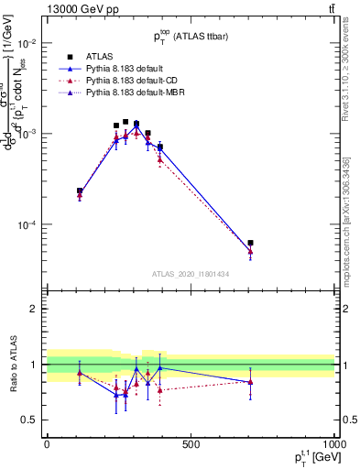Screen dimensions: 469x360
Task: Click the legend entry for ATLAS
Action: pyautogui.click(x=99, y=57)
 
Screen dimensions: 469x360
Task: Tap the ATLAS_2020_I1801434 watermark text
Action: pyautogui.click(x=190, y=274)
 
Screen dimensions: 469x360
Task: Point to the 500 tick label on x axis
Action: pyautogui.click(x=191, y=444)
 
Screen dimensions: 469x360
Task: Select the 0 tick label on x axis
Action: pyautogui.click(x=47, y=444)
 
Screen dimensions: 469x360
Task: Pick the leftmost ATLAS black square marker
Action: pyautogui.click(x=80, y=191)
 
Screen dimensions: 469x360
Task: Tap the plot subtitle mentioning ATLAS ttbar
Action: pyautogui.click(x=190, y=37)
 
